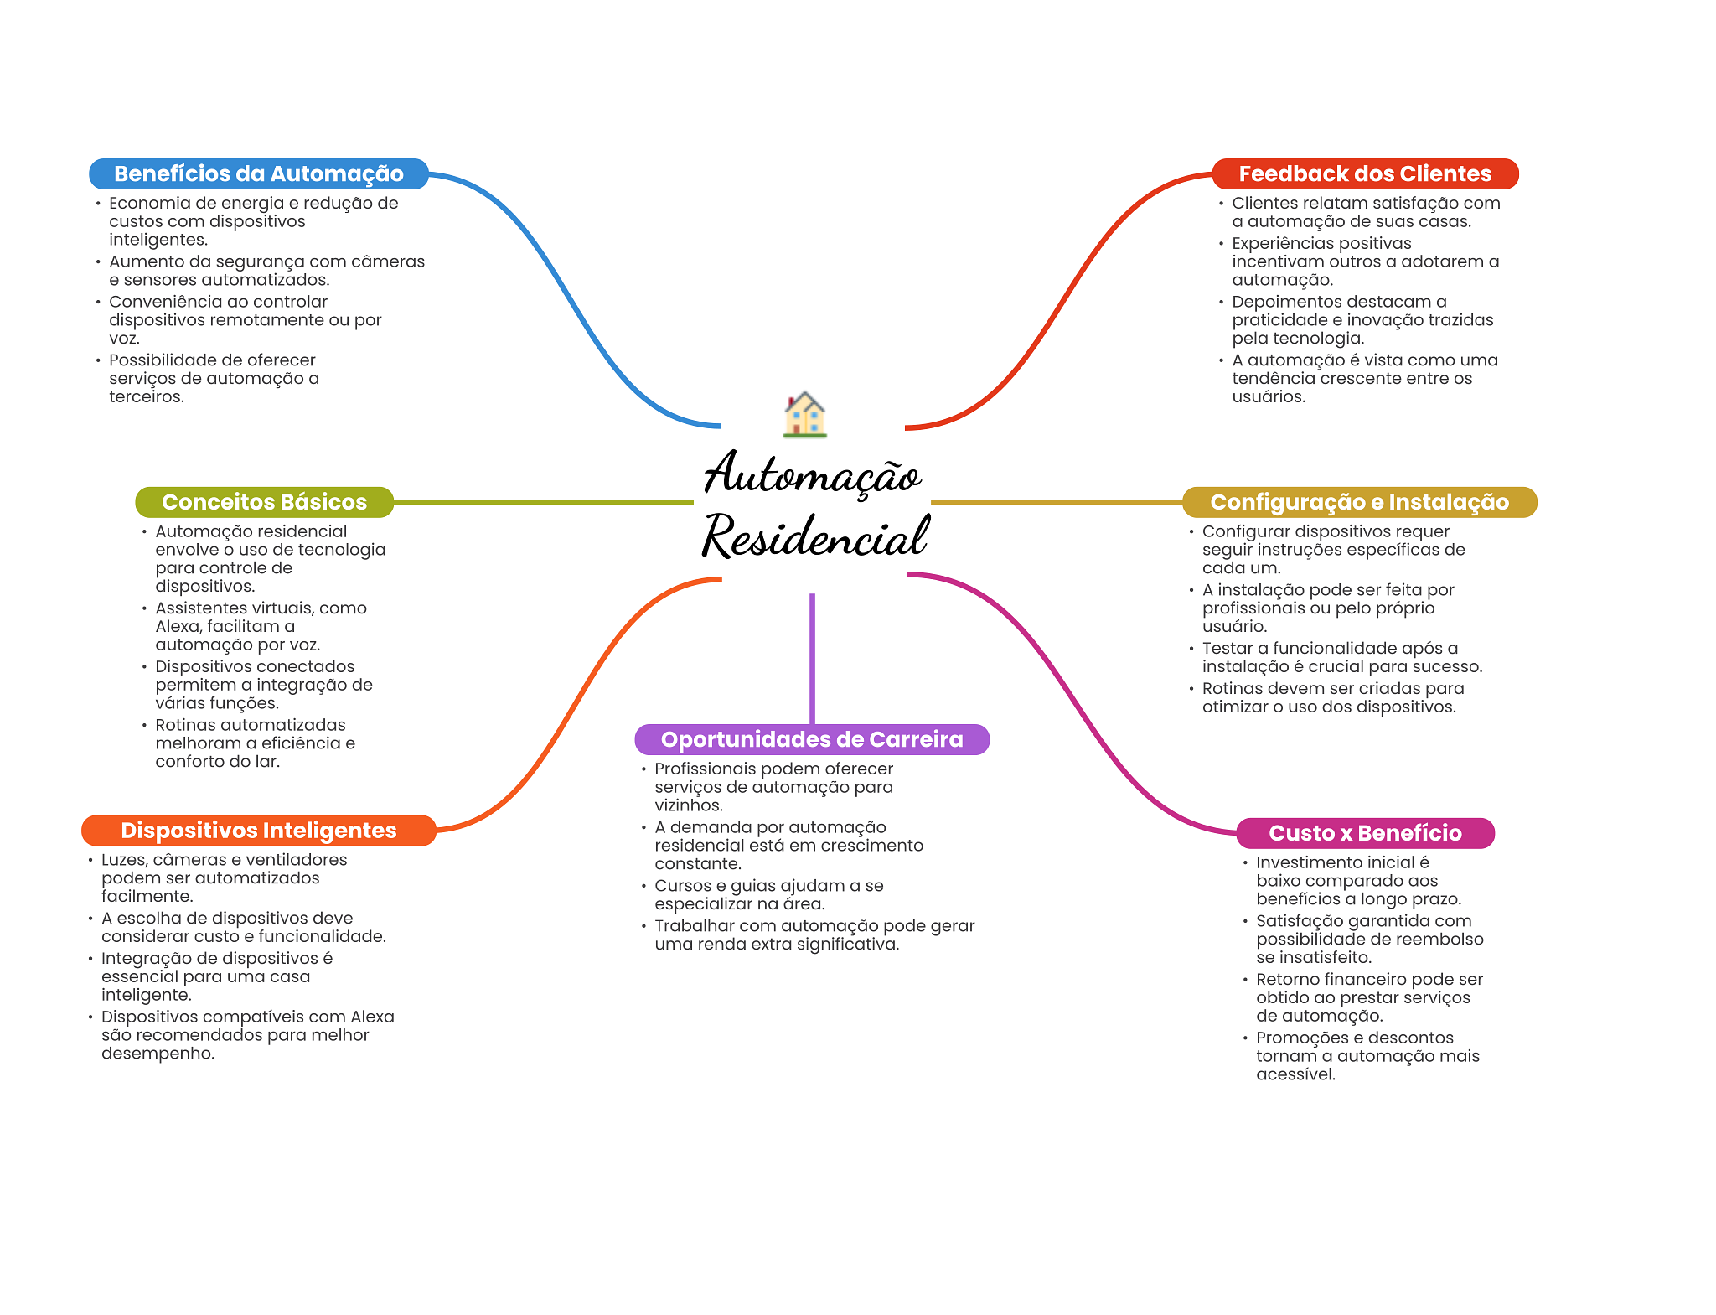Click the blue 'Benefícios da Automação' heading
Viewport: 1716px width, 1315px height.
[258, 173]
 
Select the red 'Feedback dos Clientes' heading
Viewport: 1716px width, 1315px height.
[1365, 173]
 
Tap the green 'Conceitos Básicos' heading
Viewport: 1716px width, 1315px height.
[264, 502]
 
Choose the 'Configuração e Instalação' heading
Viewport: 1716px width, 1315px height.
[1359, 502]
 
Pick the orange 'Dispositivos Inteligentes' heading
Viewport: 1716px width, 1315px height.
[258, 831]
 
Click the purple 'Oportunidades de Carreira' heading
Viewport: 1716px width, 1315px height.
[812, 739]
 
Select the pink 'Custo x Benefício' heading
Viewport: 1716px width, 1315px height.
[1365, 833]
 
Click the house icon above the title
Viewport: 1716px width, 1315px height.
[805, 414]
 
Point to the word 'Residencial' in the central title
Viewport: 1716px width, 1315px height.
[815, 536]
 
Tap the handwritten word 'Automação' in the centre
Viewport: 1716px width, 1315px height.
[812, 474]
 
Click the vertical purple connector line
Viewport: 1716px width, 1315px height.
[812, 658]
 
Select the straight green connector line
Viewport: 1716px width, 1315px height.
[543, 502]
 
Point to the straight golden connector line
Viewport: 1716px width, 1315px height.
[1056, 502]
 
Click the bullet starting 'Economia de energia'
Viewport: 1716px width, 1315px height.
[254, 221]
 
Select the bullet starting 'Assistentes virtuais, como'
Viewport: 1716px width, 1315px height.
[261, 626]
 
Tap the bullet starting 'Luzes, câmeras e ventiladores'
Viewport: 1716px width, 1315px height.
[224, 878]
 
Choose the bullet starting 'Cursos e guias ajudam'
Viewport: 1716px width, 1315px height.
[768, 894]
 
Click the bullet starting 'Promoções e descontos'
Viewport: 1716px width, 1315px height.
[1367, 1056]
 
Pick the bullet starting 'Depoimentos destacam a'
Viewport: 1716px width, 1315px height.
[1362, 319]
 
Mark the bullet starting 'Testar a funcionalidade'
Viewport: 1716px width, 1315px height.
[1341, 657]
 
